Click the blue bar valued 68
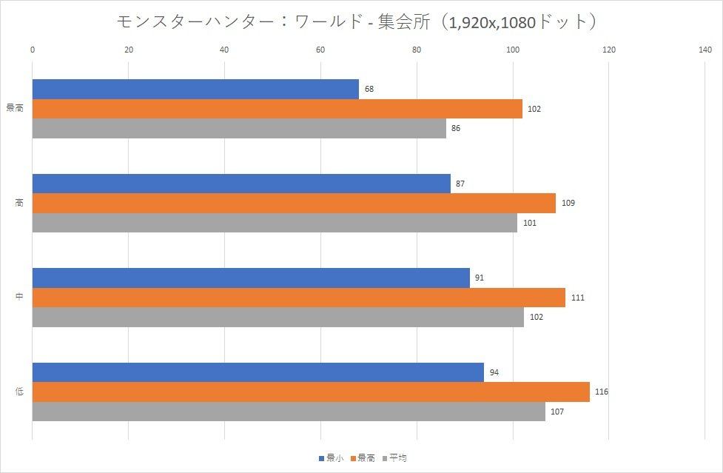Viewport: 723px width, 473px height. [x=195, y=89]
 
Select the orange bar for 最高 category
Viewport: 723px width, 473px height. [x=278, y=109]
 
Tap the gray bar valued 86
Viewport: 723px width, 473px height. [x=239, y=128]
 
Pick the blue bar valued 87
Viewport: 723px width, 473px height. [x=241, y=184]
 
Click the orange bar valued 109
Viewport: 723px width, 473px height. [x=294, y=203]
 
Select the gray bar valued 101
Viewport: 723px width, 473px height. [x=275, y=223]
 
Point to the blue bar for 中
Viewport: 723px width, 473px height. [x=251, y=278]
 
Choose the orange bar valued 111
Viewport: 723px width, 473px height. [x=299, y=298]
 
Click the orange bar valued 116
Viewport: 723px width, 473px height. [x=311, y=392]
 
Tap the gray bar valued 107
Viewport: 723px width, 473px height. [x=289, y=412]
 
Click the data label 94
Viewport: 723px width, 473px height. [x=494, y=372]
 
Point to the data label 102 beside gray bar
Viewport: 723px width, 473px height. [x=537, y=318]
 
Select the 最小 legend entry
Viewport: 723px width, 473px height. [x=330, y=458]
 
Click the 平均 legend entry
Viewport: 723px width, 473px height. [x=395, y=458]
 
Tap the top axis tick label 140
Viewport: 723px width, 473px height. [x=704, y=50]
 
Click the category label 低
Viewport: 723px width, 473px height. [x=19, y=392]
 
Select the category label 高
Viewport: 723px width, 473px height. [x=19, y=203]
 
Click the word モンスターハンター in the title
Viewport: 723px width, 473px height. [x=195, y=22]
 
